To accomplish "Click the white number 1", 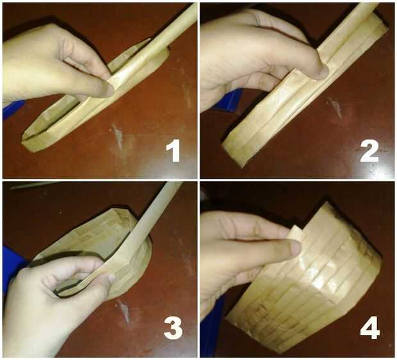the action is click(x=173, y=151).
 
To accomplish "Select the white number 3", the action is click(x=173, y=328).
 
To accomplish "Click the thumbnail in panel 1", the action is click(x=108, y=90).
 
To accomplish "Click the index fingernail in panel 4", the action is click(x=295, y=248).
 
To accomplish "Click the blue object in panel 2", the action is click(x=228, y=101).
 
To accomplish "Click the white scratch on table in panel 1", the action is click(x=117, y=137).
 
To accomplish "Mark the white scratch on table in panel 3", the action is click(x=124, y=310).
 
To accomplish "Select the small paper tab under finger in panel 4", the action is click(x=299, y=232).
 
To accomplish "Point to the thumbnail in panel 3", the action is click(x=111, y=278).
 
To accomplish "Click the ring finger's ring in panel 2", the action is click(x=258, y=20).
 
